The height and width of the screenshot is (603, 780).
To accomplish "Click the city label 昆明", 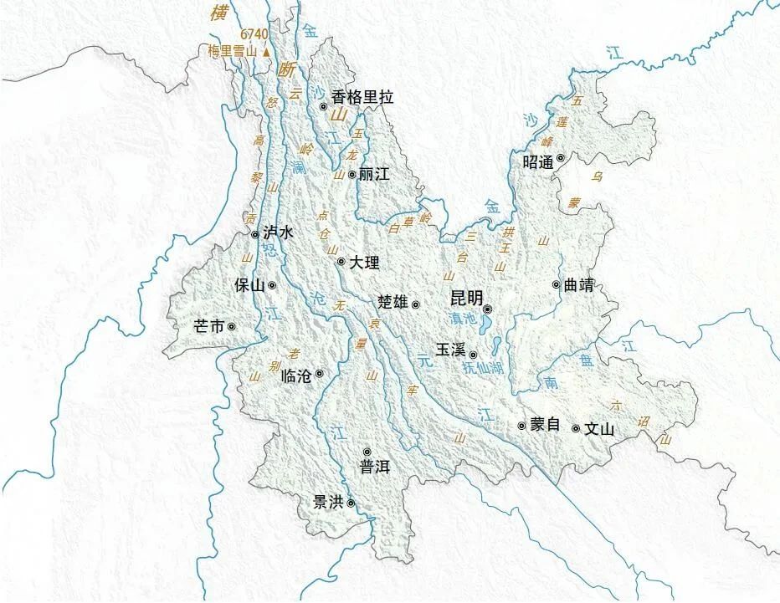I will click(x=466, y=299).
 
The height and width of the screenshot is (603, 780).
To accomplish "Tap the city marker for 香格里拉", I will click(x=324, y=106).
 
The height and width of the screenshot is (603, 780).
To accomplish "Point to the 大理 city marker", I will click(x=341, y=262).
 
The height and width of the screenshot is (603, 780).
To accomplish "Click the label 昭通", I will click(x=538, y=162).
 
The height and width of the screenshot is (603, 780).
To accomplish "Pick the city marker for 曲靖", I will click(x=556, y=284).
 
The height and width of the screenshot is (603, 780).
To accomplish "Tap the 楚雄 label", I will click(x=393, y=302).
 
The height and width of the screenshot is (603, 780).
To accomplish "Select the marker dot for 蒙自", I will click(x=521, y=426).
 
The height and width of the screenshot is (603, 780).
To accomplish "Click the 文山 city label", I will click(x=599, y=429).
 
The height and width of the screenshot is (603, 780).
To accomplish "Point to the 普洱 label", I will click(x=375, y=468).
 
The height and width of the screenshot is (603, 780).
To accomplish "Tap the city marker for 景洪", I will click(x=352, y=503).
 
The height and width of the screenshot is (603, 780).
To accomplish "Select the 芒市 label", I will click(x=208, y=326).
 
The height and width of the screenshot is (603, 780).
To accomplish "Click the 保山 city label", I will click(x=249, y=285).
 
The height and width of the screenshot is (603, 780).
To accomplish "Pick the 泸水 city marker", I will click(x=255, y=235).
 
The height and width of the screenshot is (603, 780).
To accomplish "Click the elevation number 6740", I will click(x=254, y=34).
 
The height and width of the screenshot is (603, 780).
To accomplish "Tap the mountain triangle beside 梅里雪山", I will click(x=266, y=52).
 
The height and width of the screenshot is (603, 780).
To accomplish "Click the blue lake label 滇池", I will click(x=462, y=319).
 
